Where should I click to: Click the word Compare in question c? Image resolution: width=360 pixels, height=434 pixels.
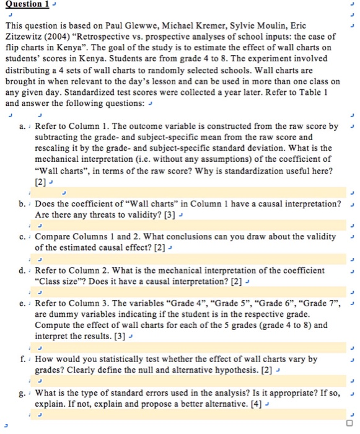pyautogui.click(x=55, y=237)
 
